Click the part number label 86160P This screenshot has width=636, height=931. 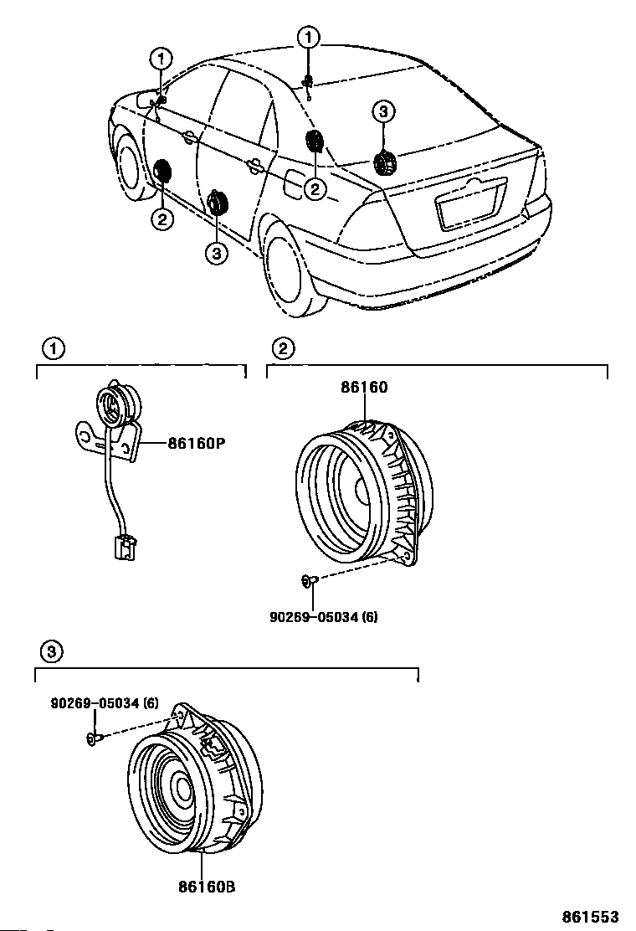click(197, 444)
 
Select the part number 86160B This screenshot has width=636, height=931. click(207, 887)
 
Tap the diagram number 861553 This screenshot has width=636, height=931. click(590, 917)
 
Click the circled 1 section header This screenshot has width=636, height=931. click(54, 348)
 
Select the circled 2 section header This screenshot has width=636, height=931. click(283, 348)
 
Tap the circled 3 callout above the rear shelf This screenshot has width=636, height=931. click(383, 111)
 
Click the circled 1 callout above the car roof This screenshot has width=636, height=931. click(309, 38)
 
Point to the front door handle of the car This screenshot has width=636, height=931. click(187, 138)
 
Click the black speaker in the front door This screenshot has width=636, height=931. click(162, 172)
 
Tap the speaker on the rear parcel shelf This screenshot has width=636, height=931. click(385, 163)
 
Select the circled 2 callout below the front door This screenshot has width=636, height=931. click(162, 219)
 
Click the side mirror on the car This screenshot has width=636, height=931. click(146, 99)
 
